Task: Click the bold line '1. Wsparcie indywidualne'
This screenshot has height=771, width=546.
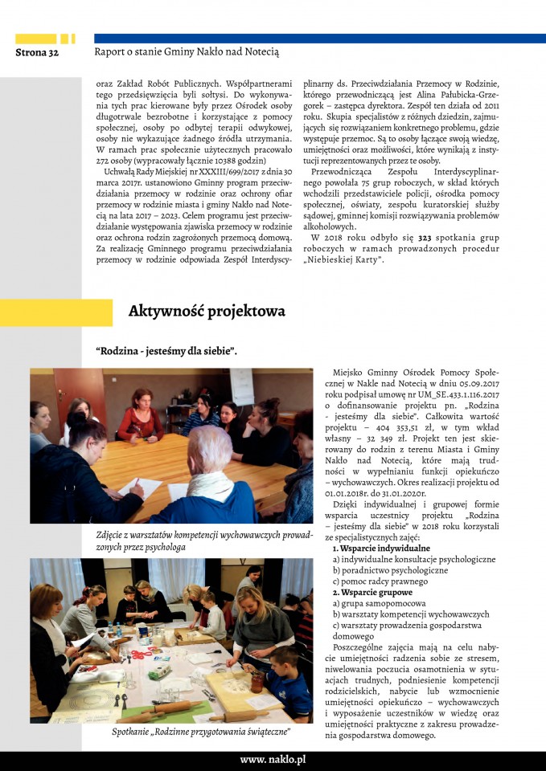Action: [x=381, y=549]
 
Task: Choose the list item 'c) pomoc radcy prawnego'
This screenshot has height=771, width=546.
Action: [x=383, y=581]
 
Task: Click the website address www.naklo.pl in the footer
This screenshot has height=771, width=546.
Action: [x=273, y=759]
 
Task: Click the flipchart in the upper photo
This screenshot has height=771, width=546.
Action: [x=241, y=385]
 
